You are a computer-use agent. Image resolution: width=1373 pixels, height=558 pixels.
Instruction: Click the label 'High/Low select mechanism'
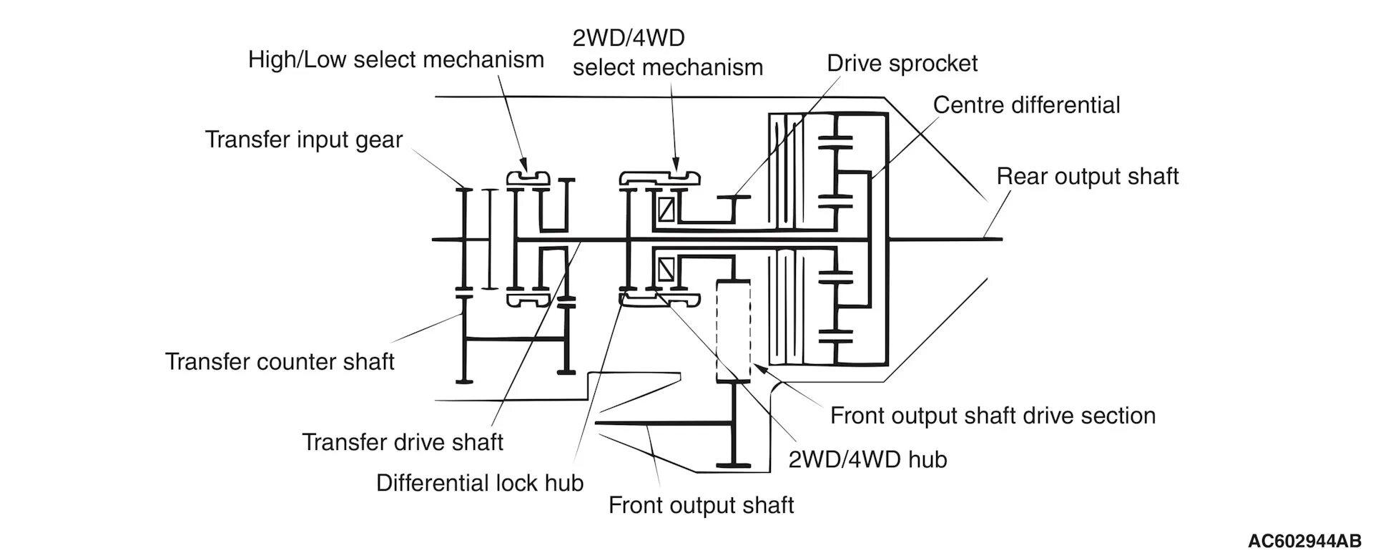pos(395,59)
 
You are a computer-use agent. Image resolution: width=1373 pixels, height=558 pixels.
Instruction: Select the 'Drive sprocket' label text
pos(902,63)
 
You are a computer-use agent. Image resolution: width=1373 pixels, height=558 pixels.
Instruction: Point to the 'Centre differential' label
pos(1026,105)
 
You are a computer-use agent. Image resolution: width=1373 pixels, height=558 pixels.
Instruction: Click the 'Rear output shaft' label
pos(1087,177)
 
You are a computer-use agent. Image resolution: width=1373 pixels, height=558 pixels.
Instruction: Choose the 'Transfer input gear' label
pos(304,139)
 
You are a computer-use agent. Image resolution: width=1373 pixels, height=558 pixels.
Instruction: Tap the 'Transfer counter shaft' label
pos(280,361)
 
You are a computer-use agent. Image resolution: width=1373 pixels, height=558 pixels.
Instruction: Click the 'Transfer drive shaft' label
pos(403,442)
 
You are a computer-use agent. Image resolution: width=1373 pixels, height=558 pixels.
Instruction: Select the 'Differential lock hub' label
pos(480,483)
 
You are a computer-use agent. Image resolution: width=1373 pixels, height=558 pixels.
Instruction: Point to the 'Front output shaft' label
pos(701,505)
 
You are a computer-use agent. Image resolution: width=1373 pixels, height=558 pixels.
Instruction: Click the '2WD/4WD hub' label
pos(867,459)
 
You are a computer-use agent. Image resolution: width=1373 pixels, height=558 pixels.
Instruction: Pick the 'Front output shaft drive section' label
pos(993,416)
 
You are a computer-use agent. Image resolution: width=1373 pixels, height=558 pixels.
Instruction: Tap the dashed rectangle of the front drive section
pos(734,331)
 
